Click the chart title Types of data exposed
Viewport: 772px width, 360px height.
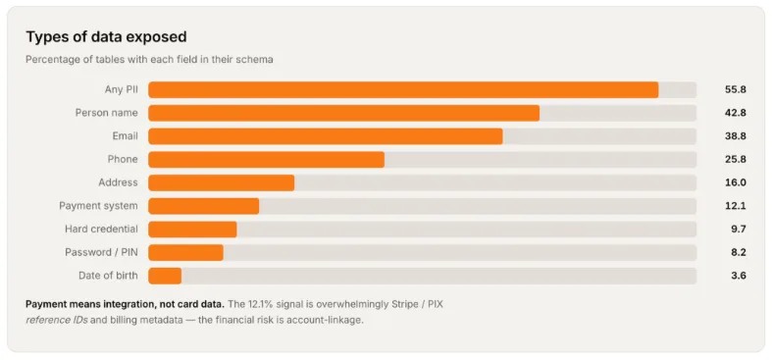click(x=106, y=37)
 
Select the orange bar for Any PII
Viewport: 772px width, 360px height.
click(x=403, y=89)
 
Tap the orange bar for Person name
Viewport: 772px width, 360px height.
click(x=343, y=113)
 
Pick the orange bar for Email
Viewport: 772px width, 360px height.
click(x=326, y=136)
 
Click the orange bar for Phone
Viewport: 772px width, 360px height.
click(x=267, y=160)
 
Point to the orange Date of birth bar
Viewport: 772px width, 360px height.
click(x=165, y=276)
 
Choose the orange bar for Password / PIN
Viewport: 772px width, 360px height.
click(x=185, y=253)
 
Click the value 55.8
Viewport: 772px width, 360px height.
click(x=736, y=89)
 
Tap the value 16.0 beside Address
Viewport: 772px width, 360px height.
click(x=736, y=182)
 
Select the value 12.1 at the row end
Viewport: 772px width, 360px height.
click(x=736, y=206)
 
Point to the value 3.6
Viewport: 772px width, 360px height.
click(x=739, y=276)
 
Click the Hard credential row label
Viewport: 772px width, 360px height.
click(x=101, y=229)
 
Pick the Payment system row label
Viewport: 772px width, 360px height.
click(x=98, y=206)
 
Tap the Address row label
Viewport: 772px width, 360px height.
click(x=118, y=182)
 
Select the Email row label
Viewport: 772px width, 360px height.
click(x=125, y=136)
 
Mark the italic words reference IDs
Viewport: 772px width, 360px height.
click(x=57, y=320)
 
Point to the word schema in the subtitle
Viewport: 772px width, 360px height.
click(x=259, y=60)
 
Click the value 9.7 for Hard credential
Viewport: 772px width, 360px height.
click(x=739, y=229)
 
